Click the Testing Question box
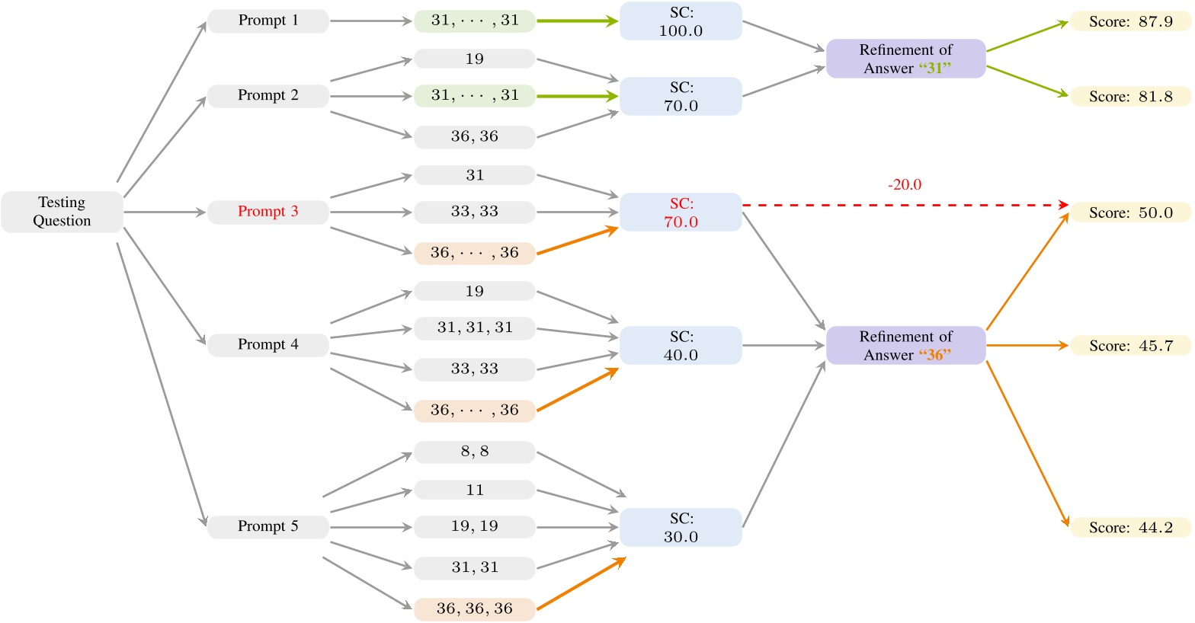tap(62, 212)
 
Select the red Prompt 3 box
tap(268, 212)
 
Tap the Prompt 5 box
tap(268, 526)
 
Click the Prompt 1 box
tap(268, 21)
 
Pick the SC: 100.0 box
tap(681, 21)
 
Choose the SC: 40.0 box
tap(681, 346)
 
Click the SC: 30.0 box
tap(681, 528)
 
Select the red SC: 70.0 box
tap(681, 212)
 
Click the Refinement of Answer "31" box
tap(906, 59)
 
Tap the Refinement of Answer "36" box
tap(906, 346)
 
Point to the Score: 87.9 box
tap(1130, 21)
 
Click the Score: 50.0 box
tap(1130, 212)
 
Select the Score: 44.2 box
tap(1130, 528)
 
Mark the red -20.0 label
tap(905, 185)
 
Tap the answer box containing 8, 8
tap(474, 452)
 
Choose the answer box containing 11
tap(474, 490)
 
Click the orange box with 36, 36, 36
tap(474, 609)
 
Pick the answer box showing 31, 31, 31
tap(474, 327)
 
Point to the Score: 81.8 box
tap(1130, 97)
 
